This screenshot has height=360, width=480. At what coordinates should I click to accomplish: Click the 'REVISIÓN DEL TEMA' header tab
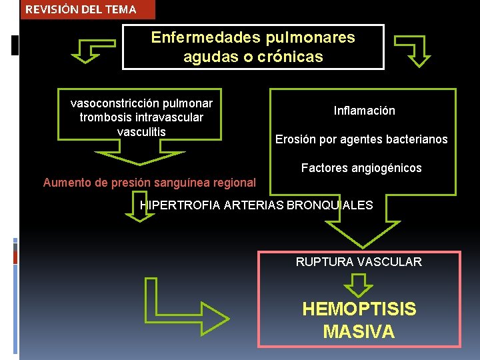tap(81, 9)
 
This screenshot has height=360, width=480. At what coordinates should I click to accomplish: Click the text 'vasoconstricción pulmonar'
tap(141, 103)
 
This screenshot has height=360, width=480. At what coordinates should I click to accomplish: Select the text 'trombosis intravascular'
tap(141, 117)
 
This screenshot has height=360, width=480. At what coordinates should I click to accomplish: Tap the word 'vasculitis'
tap(141, 131)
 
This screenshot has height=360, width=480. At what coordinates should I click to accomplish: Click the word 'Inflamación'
tap(364, 111)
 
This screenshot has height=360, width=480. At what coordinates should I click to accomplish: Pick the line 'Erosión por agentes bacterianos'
tap(361, 139)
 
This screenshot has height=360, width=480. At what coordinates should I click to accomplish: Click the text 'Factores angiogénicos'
tap(361, 168)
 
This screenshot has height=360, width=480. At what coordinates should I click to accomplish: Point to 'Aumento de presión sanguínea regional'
tap(149, 182)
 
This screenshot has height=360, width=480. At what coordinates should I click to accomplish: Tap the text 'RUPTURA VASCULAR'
tap(359, 262)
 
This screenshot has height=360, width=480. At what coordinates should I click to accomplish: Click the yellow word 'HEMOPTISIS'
tap(359, 309)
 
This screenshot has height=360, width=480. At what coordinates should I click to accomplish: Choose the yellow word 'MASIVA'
tap(359, 331)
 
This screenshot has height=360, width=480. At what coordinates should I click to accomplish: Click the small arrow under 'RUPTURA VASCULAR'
tap(359, 285)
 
